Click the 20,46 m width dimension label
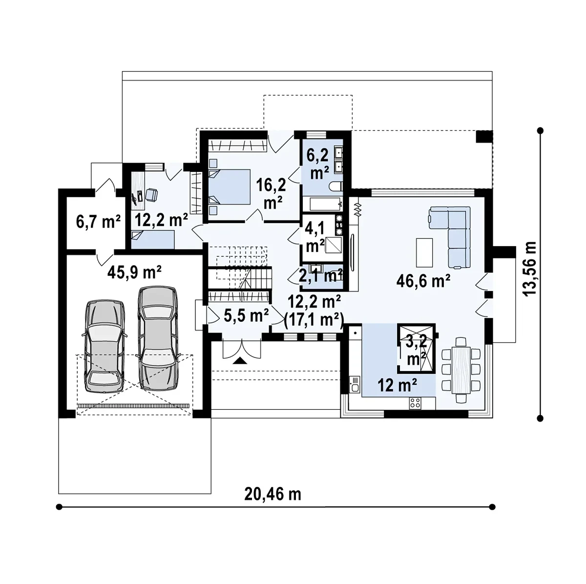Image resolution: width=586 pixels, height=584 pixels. [x=272, y=494]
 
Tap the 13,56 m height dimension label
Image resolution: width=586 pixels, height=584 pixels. [x=529, y=269]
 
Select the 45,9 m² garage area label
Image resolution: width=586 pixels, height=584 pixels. [x=134, y=272]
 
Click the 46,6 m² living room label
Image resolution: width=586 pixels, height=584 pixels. [x=423, y=281]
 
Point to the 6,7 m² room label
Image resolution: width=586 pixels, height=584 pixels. [x=98, y=221]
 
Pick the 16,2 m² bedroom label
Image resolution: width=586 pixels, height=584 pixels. [x=271, y=194]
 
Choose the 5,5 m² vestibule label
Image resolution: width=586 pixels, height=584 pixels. [x=246, y=315]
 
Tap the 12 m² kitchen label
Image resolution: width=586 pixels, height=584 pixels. [x=397, y=385]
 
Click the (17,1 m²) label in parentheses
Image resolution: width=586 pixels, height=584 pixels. [x=314, y=319]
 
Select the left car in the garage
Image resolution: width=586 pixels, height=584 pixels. [x=105, y=346]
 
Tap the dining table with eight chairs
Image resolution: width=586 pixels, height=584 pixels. [x=461, y=370]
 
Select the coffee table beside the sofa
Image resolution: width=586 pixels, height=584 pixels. [x=424, y=252]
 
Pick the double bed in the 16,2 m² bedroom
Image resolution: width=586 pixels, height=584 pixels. [x=230, y=187]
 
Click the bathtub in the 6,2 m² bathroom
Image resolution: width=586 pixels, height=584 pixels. [x=325, y=204]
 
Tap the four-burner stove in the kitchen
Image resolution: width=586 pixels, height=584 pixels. [x=416, y=403]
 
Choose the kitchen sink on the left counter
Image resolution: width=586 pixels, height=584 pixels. [x=355, y=384]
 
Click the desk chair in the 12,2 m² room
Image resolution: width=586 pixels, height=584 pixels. [x=151, y=195]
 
